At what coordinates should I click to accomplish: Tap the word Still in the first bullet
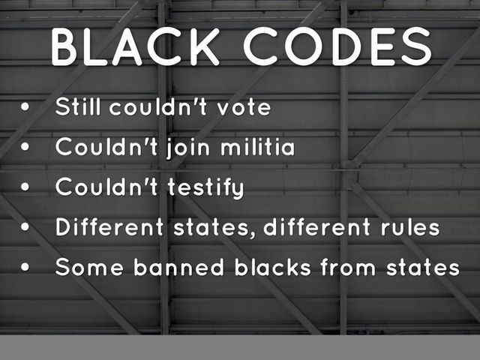click(x=79, y=107)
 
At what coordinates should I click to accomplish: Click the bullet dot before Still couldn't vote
click(x=26, y=108)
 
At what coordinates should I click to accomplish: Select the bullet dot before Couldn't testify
click(x=26, y=188)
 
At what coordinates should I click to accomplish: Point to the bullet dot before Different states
click(x=26, y=228)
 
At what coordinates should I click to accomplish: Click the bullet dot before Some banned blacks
click(x=26, y=268)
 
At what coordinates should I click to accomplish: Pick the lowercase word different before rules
click(x=315, y=227)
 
